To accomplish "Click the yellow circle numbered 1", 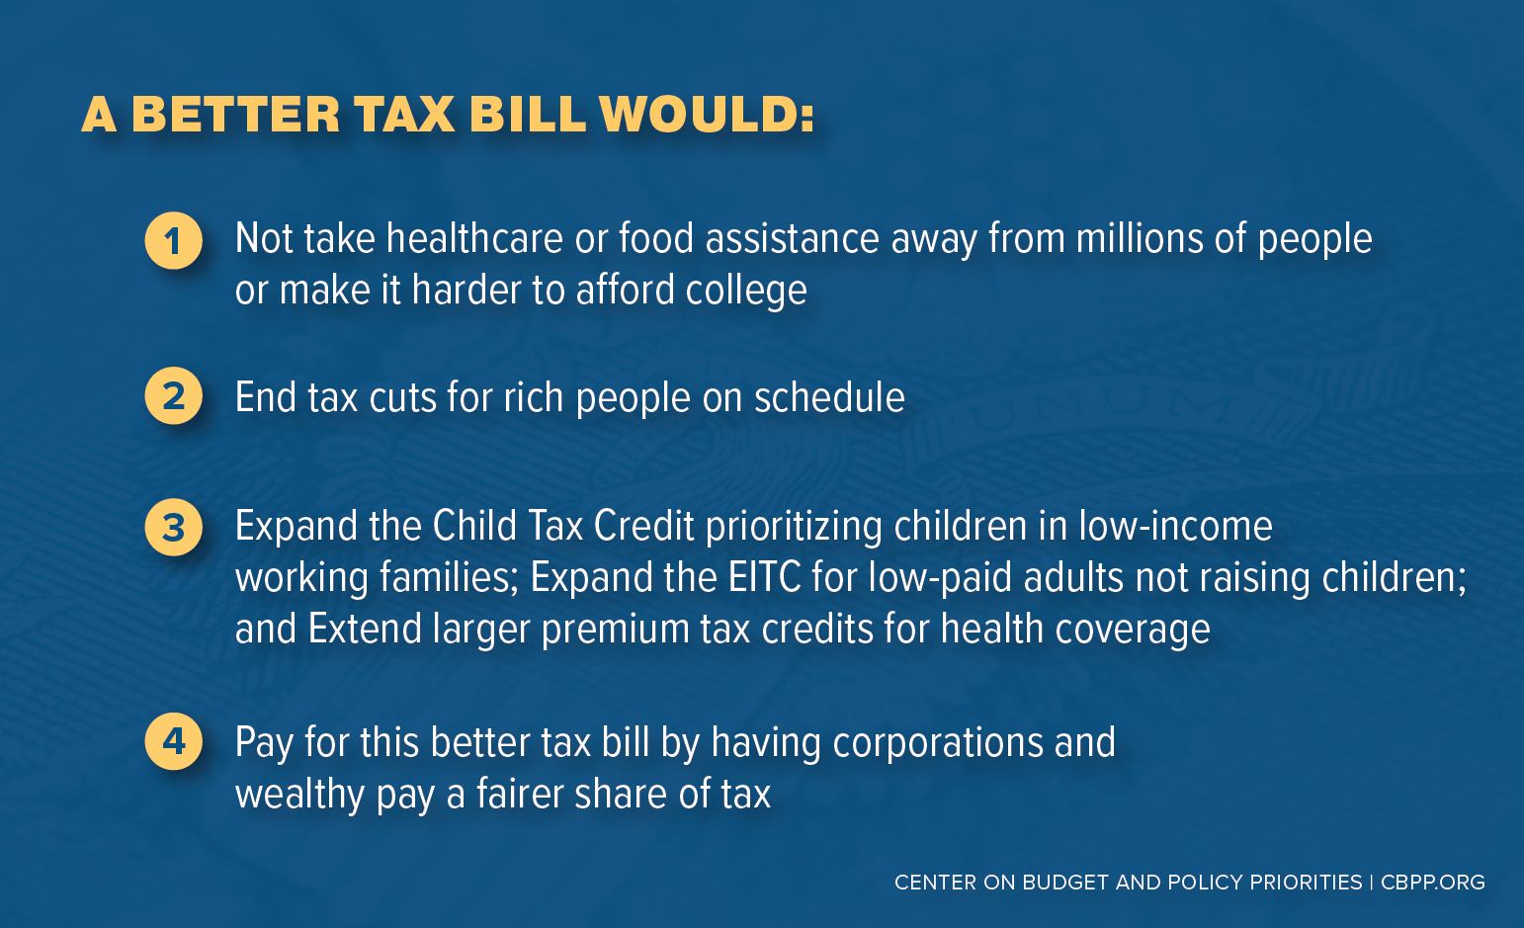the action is (x=174, y=241).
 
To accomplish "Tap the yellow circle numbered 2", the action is (x=174, y=396).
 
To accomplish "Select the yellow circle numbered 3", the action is (x=174, y=528).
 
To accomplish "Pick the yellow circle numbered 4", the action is (x=174, y=741).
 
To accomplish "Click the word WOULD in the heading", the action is (x=707, y=114).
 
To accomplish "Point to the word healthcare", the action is (x=474, y=238).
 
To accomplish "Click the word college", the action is (x=745, y=292).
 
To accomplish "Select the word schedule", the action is (x=829, y=396).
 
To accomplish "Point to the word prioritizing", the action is (x=794, y=528).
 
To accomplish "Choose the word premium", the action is (x=615, y=630).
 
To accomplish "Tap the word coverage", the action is (x=1133, y=630).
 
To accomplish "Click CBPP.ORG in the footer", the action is (x=1433, y=883).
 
